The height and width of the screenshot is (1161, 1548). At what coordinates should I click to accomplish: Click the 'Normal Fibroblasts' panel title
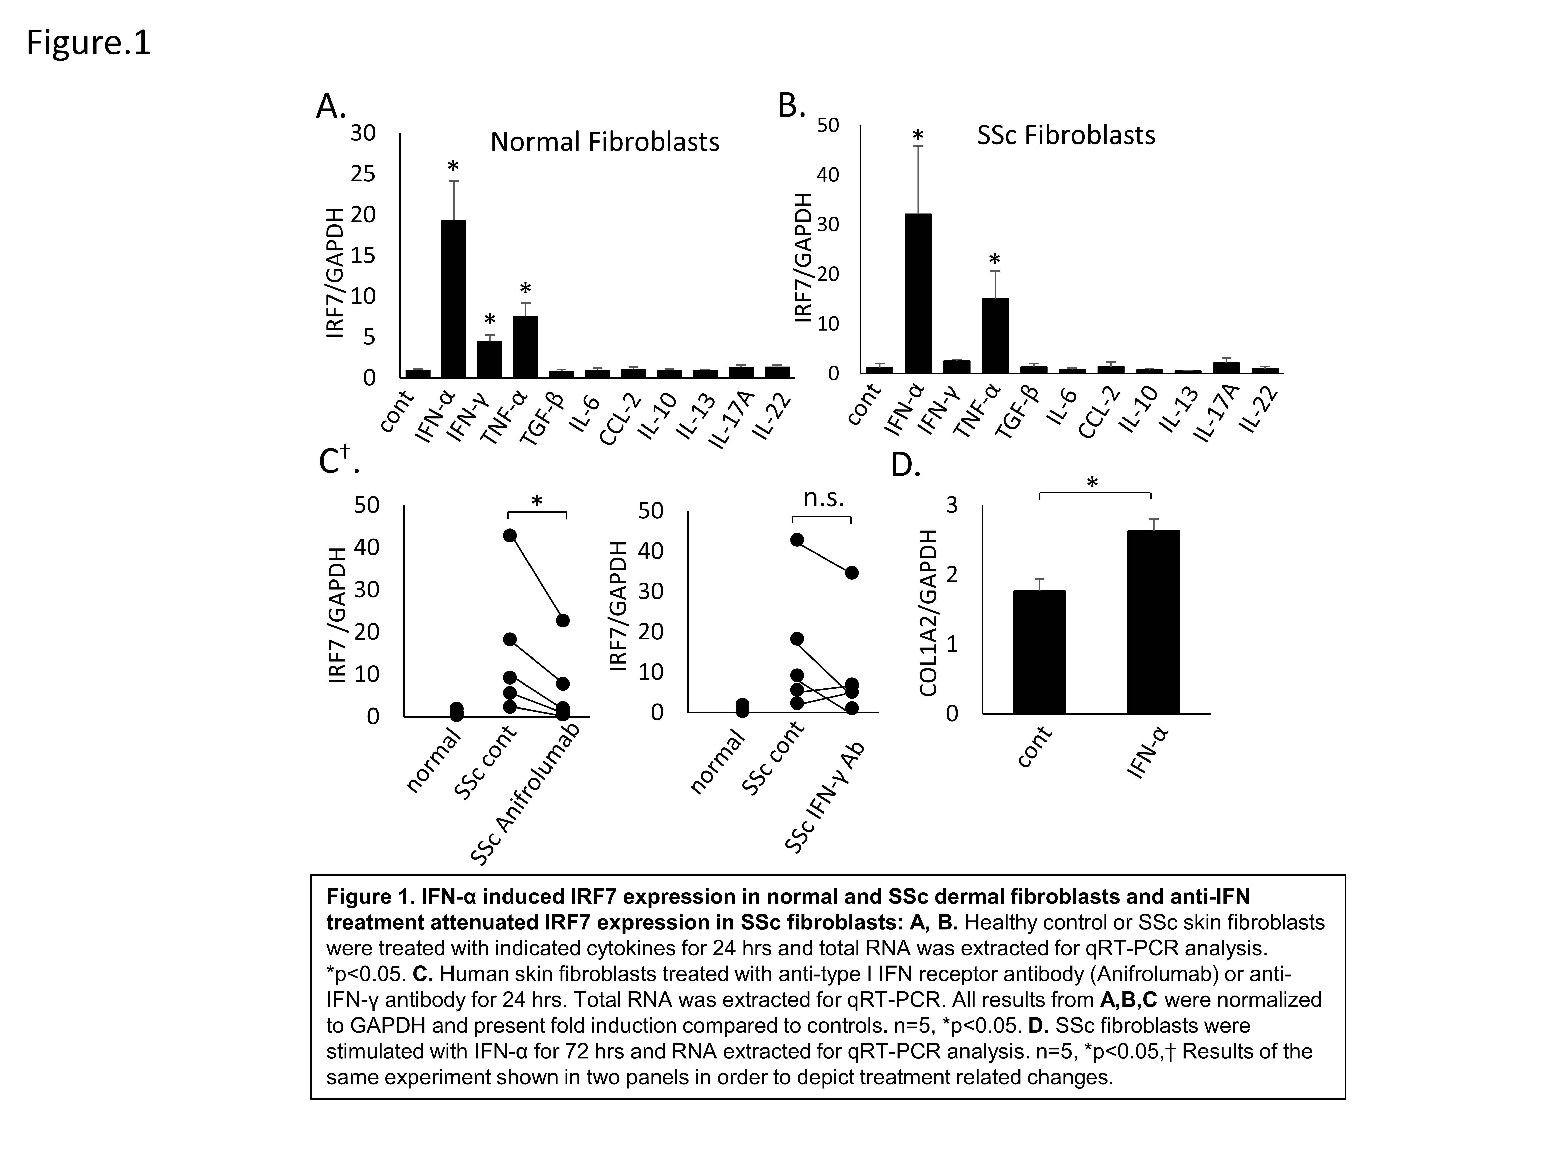pyautogui.click(x=605, y=142)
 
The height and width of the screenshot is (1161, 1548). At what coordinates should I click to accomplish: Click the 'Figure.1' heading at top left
pyautogui.click(x=88, y=43)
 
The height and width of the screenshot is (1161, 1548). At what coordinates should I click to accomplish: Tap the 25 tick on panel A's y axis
pyautogui.click(x=362, y=174)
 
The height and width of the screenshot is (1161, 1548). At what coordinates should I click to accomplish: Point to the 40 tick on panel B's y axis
pyautogui.click(x=828, y=175)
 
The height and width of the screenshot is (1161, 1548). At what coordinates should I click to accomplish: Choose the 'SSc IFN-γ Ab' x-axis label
pyautogui.click(x=826, y=798)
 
